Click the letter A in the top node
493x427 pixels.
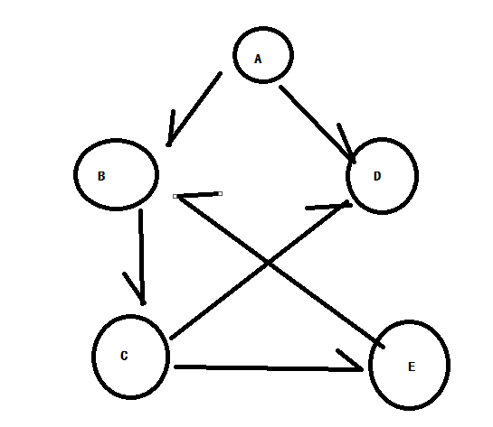[x=258, y=59]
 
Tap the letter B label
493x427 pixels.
[x=101, y=176]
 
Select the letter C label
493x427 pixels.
[x=124, y=356]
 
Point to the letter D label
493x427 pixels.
[x=377, y=176]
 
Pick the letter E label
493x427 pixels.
[x=412, y=367]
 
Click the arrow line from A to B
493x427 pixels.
[x=194, y=109]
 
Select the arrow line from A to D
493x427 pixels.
[x=317, y=124]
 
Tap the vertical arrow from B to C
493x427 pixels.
[x=141, y=256]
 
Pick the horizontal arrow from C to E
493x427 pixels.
[x=268, y=368]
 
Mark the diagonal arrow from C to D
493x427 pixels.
[x=260, y=270]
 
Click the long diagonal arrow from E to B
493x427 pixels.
[x=280, y=272]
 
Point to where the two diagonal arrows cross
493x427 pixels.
[x=267, y=263]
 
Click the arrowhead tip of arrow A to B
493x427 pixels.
[x=168, y=145]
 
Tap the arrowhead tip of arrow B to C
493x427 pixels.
[x=143, y=303]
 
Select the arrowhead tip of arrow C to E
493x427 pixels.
[x=362, y=370]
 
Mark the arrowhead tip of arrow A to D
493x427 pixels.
[x=354, y=162]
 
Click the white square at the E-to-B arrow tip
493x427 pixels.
[x=175, y=197]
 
